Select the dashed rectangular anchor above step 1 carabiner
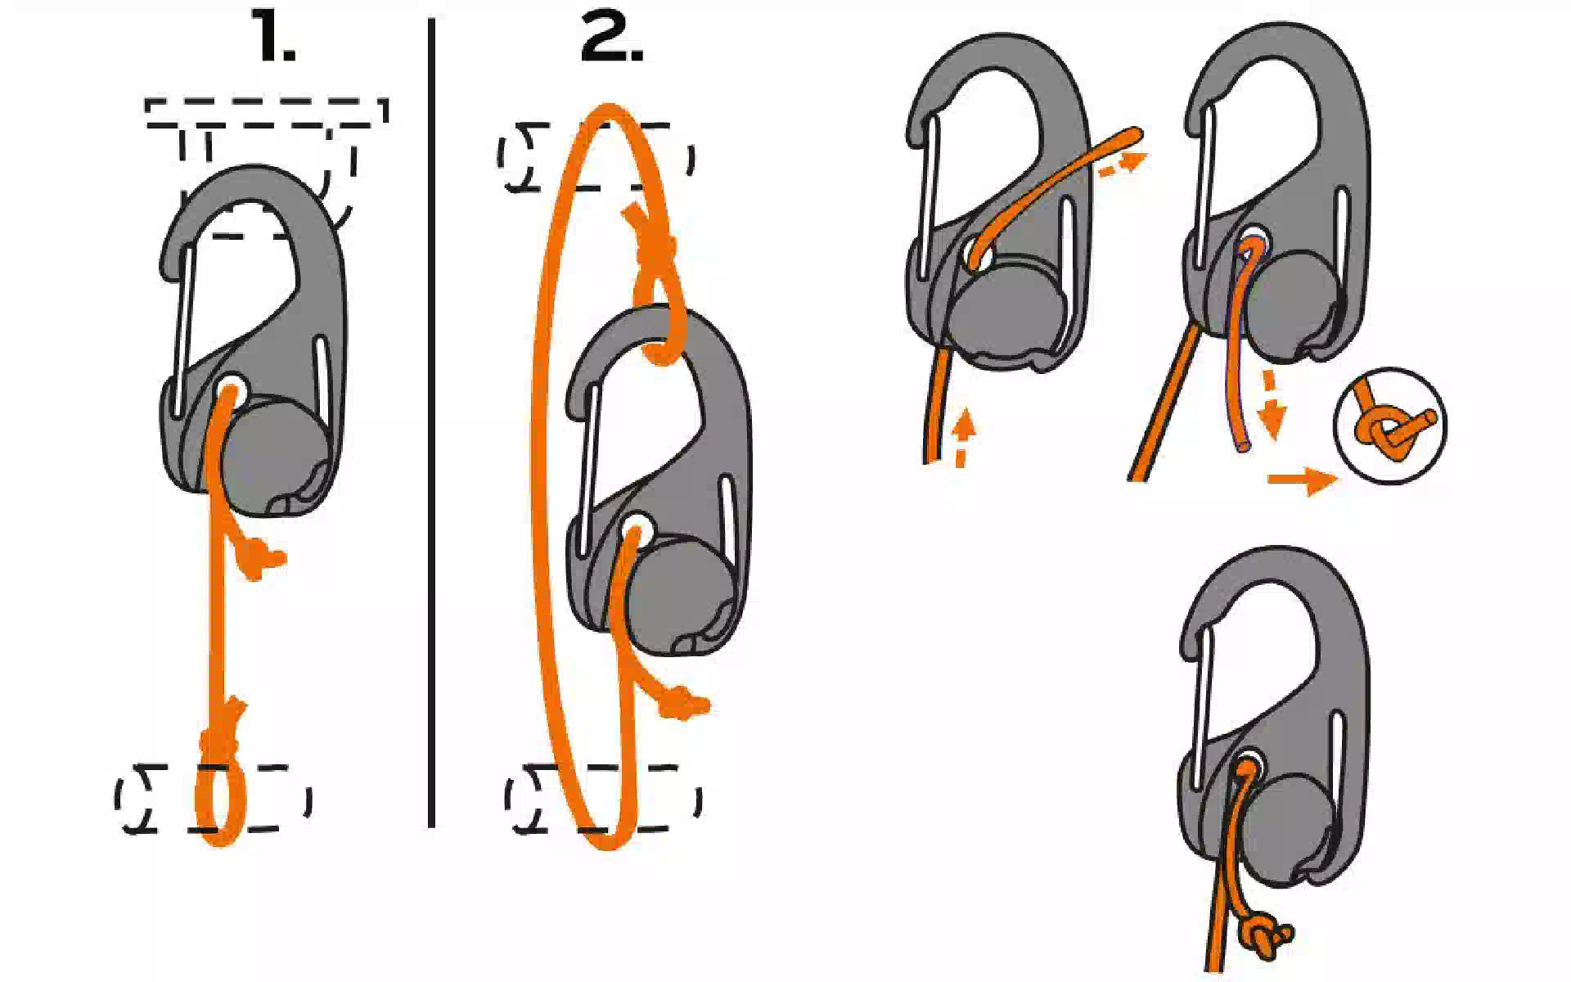pos(267,114)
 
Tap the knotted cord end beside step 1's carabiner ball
pos(260,560)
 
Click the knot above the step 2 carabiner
pos(655,245)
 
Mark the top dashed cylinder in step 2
pos(596,157)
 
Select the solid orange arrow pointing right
pos(1303,479)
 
